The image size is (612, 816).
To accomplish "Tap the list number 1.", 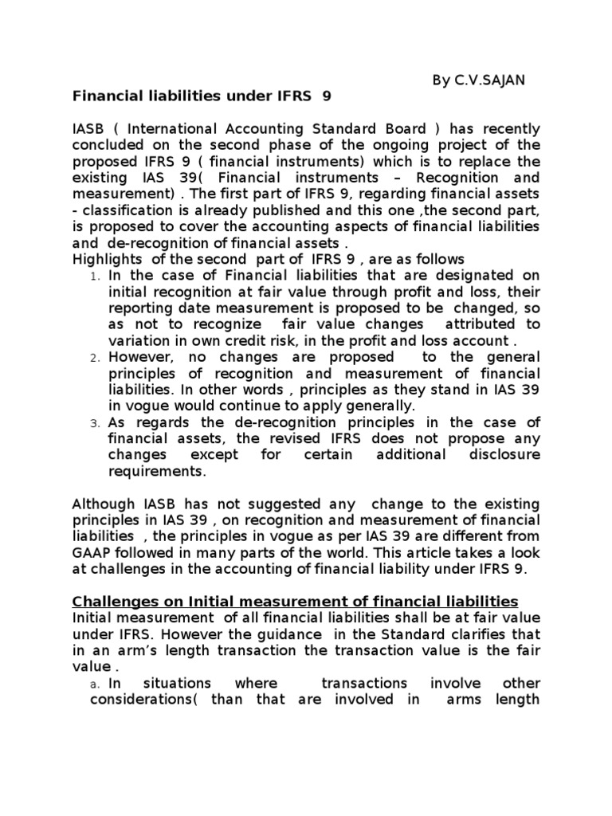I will pyautogui.click(x=95, y=277).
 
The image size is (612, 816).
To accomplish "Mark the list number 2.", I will pyautogui.click(x=95, y=359).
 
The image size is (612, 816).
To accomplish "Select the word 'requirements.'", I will pyautogui.click(x=157, y=471).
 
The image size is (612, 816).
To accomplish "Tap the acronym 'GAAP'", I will pyautogui.click(x=91, y=553).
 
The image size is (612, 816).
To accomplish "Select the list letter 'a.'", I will pyautogui.click(x=93, y=685).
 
